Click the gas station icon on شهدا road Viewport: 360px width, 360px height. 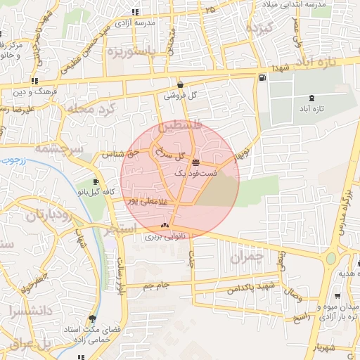[263, 78]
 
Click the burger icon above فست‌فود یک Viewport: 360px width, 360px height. [195, 162]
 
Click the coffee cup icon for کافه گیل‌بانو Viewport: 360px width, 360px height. [96, 182]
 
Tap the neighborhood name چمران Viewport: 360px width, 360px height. [246, 258]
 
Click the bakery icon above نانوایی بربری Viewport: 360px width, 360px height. [165, 225]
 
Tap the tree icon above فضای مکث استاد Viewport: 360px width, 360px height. [92, 318]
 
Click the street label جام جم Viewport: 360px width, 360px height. [157, 285]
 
